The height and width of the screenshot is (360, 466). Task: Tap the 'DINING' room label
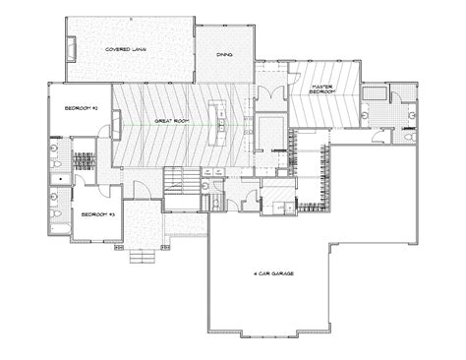pyautogui.click(x=224, y=57)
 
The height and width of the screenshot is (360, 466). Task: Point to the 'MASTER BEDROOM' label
pyautogui.click(x=320, y=91)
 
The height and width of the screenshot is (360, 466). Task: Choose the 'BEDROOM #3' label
pyautogui.click(x=95, y=213)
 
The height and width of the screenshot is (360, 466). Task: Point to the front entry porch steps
pyautogui.click(x=143, y=257)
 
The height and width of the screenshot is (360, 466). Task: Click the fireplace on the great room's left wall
pyautogui.click(x=116, y=125)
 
